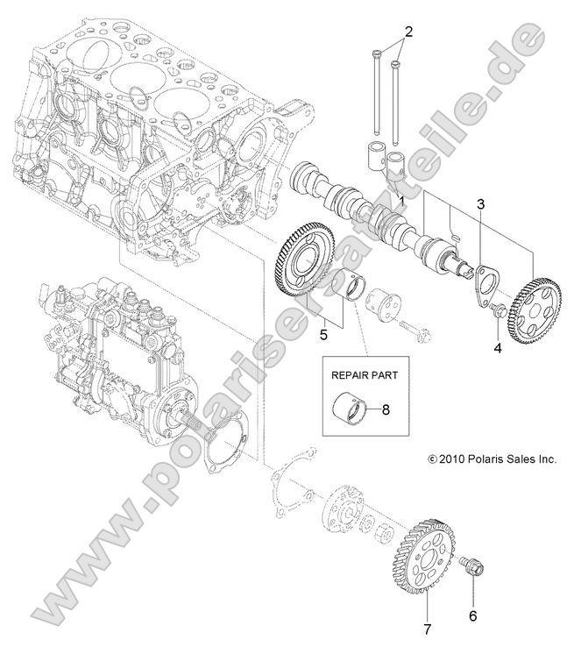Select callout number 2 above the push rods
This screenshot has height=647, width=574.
click(407, 32)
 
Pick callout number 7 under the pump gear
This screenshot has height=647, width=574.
click(429, 628)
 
